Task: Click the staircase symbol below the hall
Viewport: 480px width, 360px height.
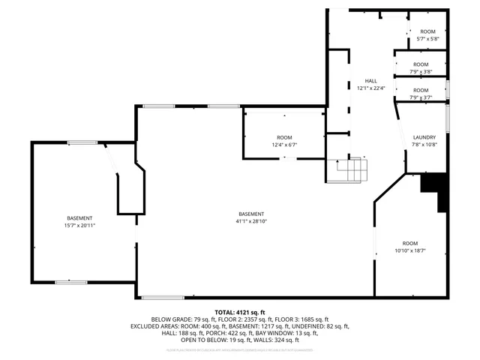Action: (352, 172)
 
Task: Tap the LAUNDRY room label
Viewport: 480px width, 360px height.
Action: (424, 137)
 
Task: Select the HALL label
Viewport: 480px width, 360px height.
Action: (370, 80)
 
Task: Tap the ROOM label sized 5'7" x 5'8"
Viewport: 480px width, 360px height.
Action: (428, 31)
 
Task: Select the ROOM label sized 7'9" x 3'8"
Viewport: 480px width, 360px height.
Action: (421, 64)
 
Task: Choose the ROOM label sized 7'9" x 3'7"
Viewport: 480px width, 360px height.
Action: (421, 90)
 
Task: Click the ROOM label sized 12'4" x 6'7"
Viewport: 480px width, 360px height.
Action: (284, 137)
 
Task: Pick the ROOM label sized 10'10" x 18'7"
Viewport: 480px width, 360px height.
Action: (409, 243)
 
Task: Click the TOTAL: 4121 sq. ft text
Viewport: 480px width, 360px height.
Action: (240, 311)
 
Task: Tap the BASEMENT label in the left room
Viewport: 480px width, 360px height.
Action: (79, 217)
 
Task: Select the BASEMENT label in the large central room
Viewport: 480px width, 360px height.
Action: (251, 214)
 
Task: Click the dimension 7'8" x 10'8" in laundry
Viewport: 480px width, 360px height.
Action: (424, 145)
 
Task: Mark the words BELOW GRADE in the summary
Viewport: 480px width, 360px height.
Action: (170, 319)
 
